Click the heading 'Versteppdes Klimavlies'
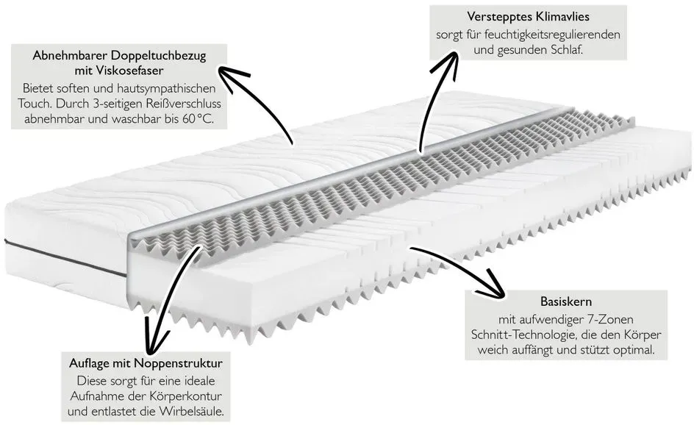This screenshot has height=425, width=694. point(528,17)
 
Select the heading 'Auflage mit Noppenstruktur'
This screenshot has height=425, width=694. point(146,363)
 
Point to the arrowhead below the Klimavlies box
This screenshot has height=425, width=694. point(448,62)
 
